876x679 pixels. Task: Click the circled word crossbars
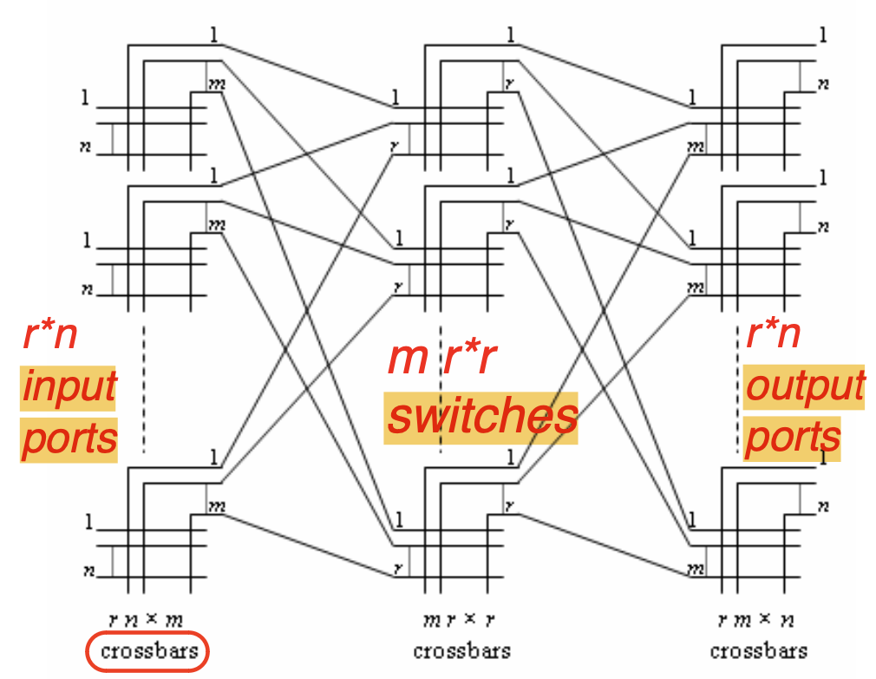pos(148,651)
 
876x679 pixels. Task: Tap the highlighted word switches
pos(482,417)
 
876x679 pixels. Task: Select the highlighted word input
pos(69,386)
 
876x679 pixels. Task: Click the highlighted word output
pos(804,387)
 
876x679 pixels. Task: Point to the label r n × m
pos(147,620)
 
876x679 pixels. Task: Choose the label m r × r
pos(461,620)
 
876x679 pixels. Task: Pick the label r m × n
pos(757,620)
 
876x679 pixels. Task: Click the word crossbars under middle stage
pos(461,651)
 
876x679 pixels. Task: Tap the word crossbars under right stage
pos(758,651)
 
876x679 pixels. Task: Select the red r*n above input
pos(50,335)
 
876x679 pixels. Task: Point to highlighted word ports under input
pos(69,438)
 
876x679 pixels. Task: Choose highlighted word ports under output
pos(793,438)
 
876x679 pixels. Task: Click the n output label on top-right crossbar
pos(824,84)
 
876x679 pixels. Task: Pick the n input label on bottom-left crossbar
pos(87,571)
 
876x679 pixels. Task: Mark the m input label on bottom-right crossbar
pos(695,570)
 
